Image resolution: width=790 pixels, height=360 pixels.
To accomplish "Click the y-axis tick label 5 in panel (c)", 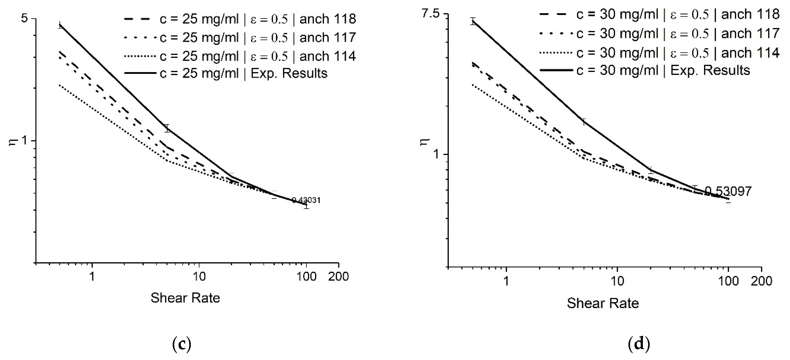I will coord(24,18).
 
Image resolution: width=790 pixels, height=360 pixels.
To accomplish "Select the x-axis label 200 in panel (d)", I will coord(762,281).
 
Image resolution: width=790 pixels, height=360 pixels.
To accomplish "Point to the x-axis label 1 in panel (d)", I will coord(506,281).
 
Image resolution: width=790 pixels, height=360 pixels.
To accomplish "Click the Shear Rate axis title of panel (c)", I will coord(185,298).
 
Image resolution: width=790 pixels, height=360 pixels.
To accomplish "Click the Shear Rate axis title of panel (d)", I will coord(603,303).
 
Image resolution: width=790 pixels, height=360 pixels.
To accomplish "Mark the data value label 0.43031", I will coord(306,200).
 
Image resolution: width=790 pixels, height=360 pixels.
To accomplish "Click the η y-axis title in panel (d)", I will coord(426,142).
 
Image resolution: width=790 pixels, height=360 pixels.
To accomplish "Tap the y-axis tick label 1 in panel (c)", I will coord(24,141).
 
